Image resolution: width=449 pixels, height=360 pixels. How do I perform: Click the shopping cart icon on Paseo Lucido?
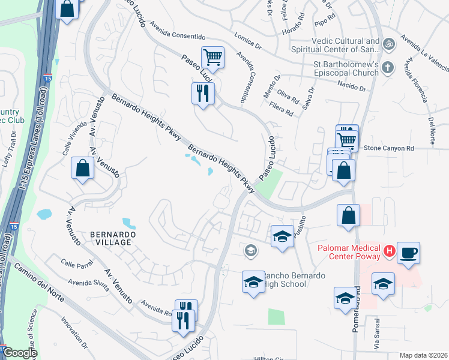(212, 58)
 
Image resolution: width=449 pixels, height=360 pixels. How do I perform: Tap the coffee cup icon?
(408, 253)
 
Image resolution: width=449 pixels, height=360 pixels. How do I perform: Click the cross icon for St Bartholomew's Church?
(388, 67)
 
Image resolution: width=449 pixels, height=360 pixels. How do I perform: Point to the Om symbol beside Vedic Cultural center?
(388, 44)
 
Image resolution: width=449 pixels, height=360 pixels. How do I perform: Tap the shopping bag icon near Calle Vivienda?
(83, 169)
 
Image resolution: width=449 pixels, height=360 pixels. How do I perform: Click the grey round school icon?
(251, 251)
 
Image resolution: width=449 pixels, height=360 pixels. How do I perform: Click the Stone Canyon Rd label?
(390, 148)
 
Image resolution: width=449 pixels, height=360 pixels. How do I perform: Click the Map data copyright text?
(423, 355)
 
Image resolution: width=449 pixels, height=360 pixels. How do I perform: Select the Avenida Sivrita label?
(88, 285)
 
